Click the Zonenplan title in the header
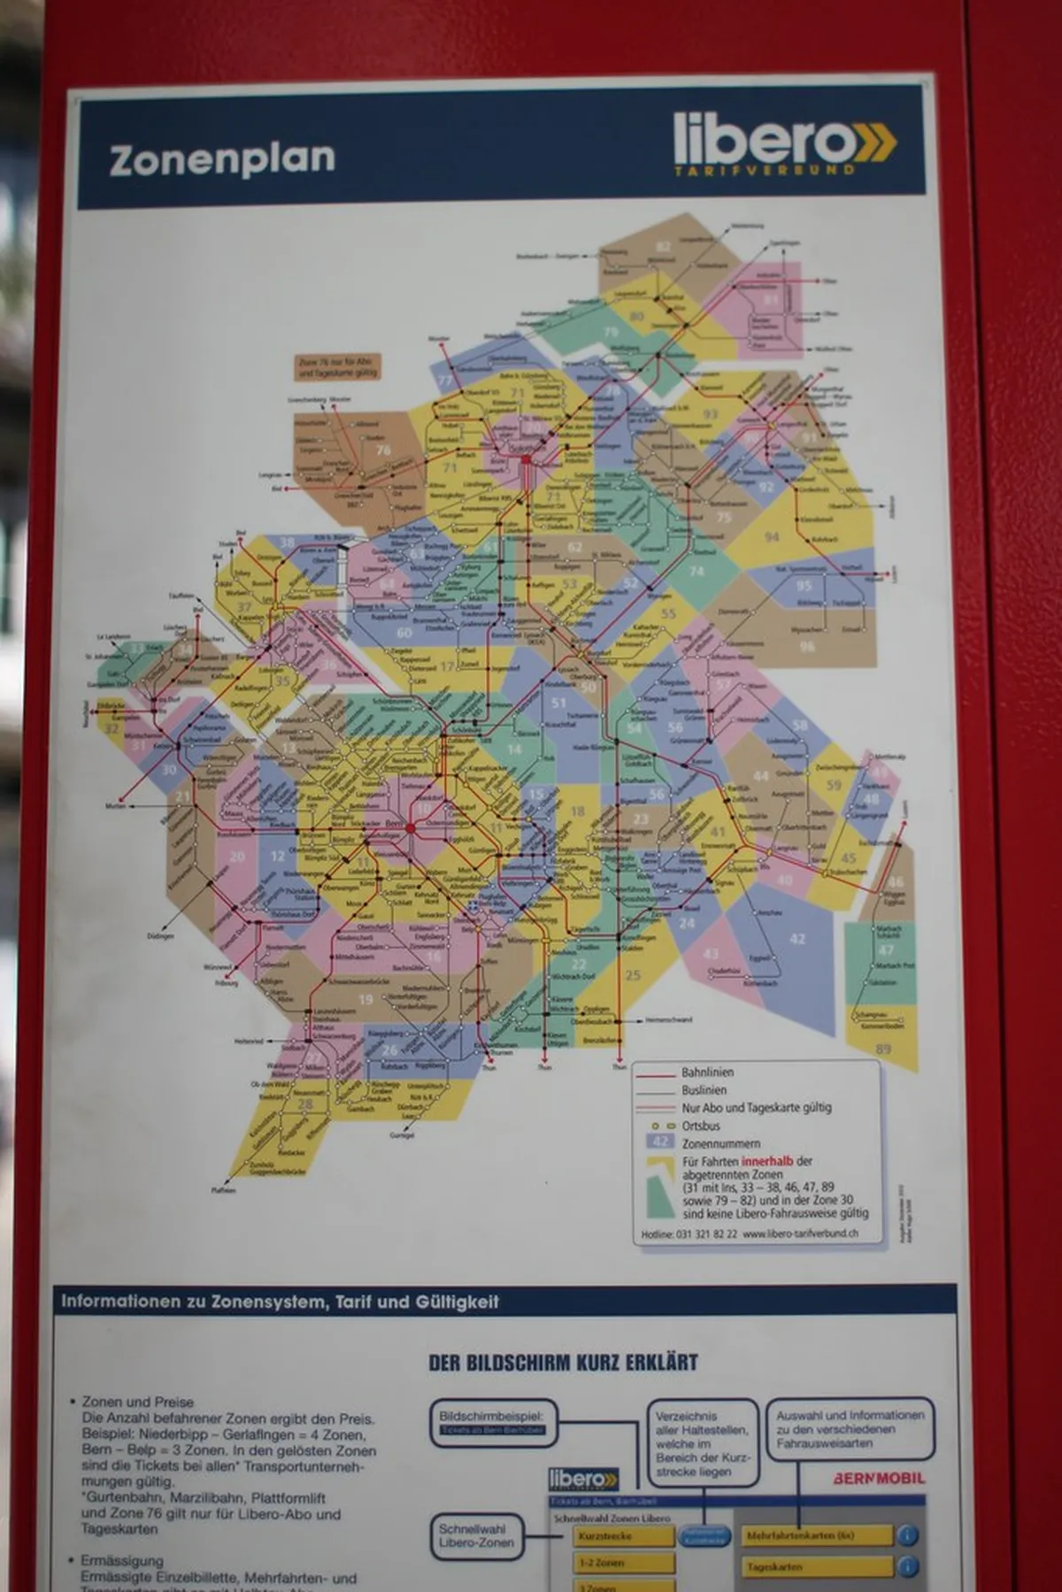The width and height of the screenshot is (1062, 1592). click(x=222, y=159)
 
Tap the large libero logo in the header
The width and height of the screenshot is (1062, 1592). click(x=783, y=142)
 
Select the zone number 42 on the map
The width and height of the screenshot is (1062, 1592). click(x=797, y=939)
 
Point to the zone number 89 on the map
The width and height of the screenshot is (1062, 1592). click(x=882, y=1049)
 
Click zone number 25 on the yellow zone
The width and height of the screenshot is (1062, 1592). click(x=632, y=975)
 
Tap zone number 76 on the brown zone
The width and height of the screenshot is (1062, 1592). click(x=382, y=450)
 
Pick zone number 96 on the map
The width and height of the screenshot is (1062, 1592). click(x=806, y=646)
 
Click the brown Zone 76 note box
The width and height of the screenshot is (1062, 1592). click(x=336, y=367)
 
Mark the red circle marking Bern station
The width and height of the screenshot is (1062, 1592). click(x=411, y=827)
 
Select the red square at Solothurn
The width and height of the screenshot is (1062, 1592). click(x=526, y=460)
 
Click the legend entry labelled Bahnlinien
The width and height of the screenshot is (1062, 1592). click(x=707, y=1073)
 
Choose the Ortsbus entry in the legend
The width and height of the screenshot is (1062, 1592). click(x=700, y=1126)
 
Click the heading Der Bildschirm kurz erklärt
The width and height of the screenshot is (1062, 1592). click(x=563, y=1363)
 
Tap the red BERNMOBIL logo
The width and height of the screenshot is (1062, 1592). click(x=878, y=1478)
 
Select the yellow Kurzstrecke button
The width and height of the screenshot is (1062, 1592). click(x=623, y=1536)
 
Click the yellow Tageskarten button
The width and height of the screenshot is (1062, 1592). click(x=816, y=1566)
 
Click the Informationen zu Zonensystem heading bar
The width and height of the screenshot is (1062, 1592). click(x=280, y=1302)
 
